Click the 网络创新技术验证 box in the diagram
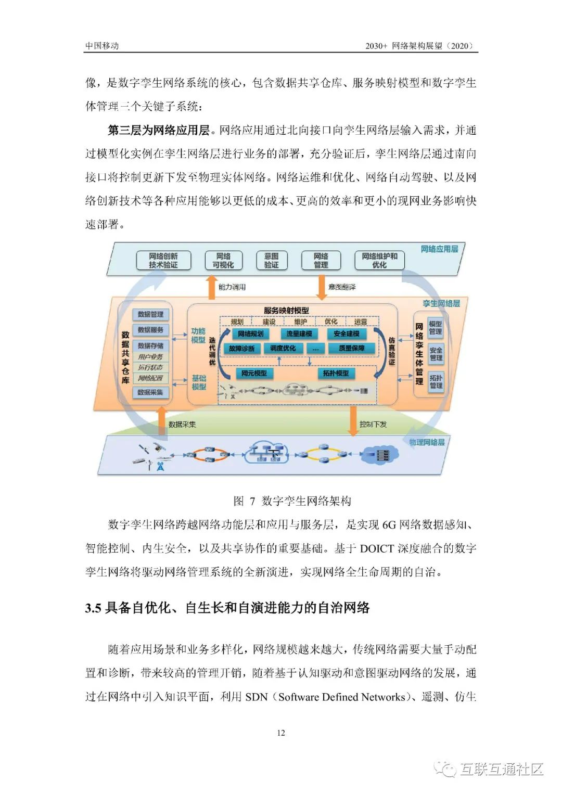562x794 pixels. [163, 260]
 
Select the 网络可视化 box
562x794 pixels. [223, 260]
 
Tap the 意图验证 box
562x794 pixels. [271, 260]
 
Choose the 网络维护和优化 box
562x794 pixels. [379, 260]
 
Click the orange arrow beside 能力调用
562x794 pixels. [212, 288]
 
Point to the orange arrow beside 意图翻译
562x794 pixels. [322, 288]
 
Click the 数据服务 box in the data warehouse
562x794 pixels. [150, 330]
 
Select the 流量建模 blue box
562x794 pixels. [299, 334]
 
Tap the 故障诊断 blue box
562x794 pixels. [241, 348]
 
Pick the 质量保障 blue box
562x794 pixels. [352, 348]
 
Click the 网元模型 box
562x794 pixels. [254, 373]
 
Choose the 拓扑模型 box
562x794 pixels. [336, 373]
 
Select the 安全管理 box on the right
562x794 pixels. [436, 354]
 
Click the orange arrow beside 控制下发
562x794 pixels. [353, 420]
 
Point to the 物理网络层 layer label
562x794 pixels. [427, 442]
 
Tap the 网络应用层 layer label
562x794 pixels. [440, 249]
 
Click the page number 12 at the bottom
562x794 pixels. [281, 733]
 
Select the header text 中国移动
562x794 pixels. [102, 46]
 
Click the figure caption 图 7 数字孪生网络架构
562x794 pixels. [292, 501]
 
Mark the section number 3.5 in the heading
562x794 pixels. [93, 608]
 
